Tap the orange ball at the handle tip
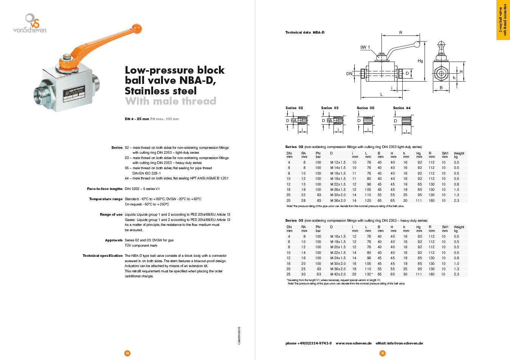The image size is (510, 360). pos(138,28)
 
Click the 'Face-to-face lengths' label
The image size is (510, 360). pos(105,189)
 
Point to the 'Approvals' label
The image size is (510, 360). pos(114,240)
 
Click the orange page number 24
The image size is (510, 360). pos(127,353)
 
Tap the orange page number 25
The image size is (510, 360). pos(382,353)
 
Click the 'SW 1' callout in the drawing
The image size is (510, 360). pos(365,47)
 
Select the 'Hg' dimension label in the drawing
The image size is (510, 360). pos(420,61)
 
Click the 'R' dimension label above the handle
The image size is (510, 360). pos(401,33)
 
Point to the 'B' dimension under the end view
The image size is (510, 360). pos(441,88)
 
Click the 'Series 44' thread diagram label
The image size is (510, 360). pos(401,108)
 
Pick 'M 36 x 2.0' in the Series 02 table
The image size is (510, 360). pos(338,201)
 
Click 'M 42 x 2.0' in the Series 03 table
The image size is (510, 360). pos(338,274)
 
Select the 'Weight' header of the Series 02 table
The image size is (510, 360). pos(459,153)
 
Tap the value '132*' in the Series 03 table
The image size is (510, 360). pos(369,274)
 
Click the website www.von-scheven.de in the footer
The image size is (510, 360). pos(353,343)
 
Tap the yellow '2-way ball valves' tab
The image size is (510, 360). pos(502,20)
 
